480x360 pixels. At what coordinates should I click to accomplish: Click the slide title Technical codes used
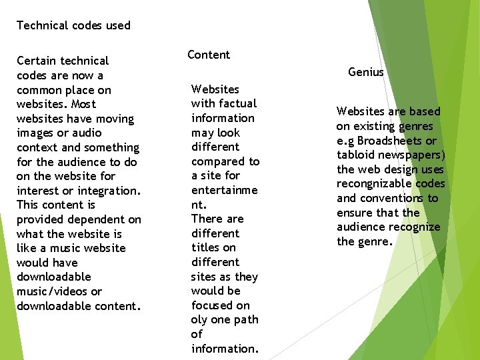73,25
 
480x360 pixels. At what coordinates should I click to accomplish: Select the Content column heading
209,55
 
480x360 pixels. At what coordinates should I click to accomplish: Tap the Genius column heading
366,72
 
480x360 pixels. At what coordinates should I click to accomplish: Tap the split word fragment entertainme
224,190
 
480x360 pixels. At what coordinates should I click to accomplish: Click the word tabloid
356,155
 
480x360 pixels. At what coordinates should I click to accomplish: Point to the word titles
206,247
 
